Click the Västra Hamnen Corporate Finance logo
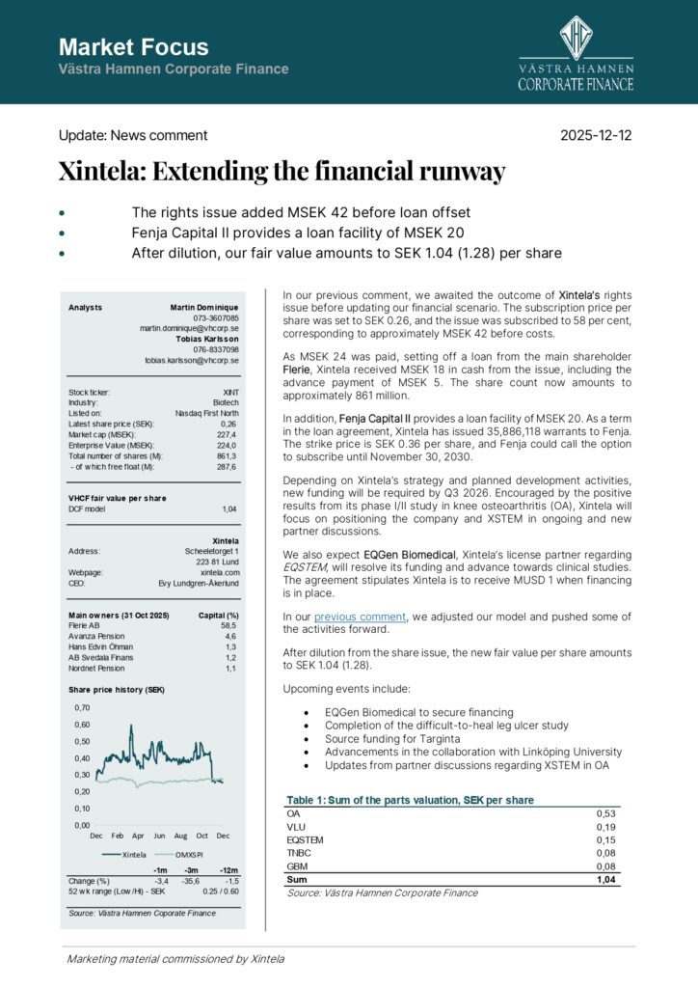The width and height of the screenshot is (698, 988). [576, 54]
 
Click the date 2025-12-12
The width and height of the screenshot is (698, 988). [597, 136]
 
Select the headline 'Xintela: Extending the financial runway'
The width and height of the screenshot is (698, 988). [282, 173]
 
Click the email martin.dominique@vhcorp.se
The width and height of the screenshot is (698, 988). [189, 328]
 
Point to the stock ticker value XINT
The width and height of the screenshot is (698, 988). [229, 393]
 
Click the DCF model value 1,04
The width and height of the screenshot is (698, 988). [229, 508]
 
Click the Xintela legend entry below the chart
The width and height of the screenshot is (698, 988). [133, 854]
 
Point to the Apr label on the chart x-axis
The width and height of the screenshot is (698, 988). [138, 836]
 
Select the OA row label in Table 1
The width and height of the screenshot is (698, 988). [293, 813]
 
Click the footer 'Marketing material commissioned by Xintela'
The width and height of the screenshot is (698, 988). [175, 959]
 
